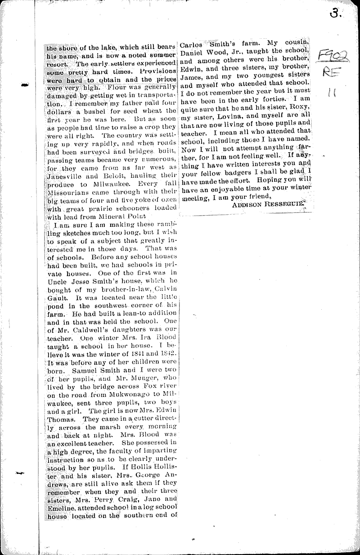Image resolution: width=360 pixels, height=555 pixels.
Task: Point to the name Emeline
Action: pyautogui.click(x=60, y=507)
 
